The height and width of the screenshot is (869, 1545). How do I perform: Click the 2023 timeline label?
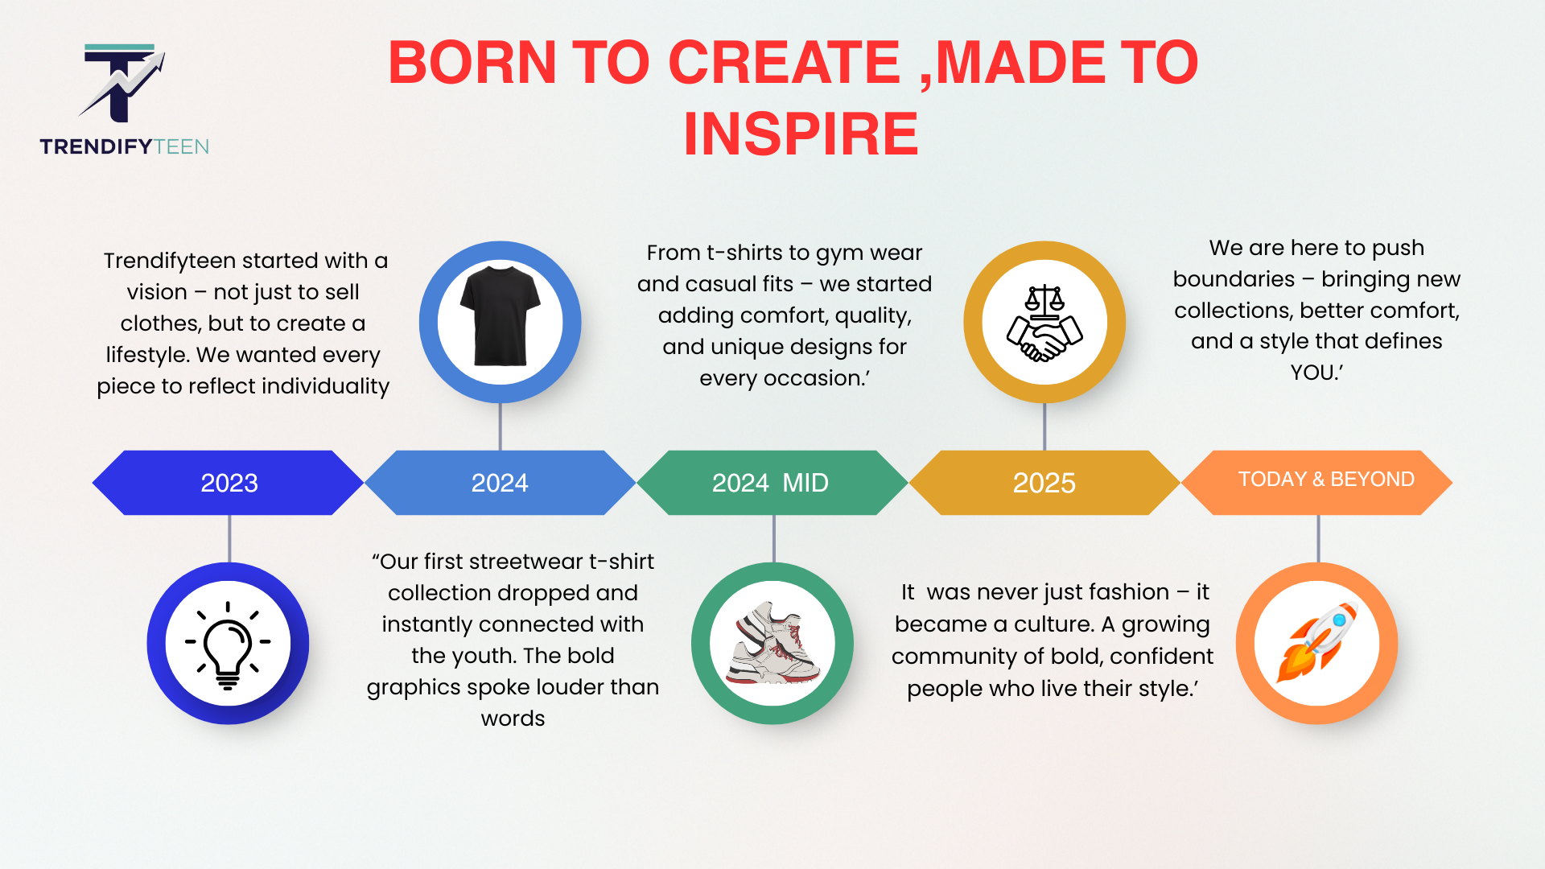(229, 483)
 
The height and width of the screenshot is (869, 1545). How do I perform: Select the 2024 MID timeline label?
(770, 483)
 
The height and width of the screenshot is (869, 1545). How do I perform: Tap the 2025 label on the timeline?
(1044, 483)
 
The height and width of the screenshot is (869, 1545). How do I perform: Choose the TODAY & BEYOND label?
(1326, 480)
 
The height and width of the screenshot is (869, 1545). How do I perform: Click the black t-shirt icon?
(500, 316)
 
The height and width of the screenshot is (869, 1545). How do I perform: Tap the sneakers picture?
(772, 643)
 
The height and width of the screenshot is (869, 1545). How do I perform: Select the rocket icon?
(1317, 643)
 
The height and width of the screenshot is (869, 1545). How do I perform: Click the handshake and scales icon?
(1044, 323)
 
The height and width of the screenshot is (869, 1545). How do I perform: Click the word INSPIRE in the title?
(801, 134)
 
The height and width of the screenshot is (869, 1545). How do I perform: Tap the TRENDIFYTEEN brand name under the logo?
(124, 146)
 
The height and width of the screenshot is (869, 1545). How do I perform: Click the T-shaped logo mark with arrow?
(122, 82)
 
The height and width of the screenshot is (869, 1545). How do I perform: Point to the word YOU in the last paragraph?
(1312, 373)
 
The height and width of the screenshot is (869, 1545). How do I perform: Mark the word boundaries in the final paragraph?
(1234, 279)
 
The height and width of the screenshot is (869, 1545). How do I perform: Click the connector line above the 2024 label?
(501, 426)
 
